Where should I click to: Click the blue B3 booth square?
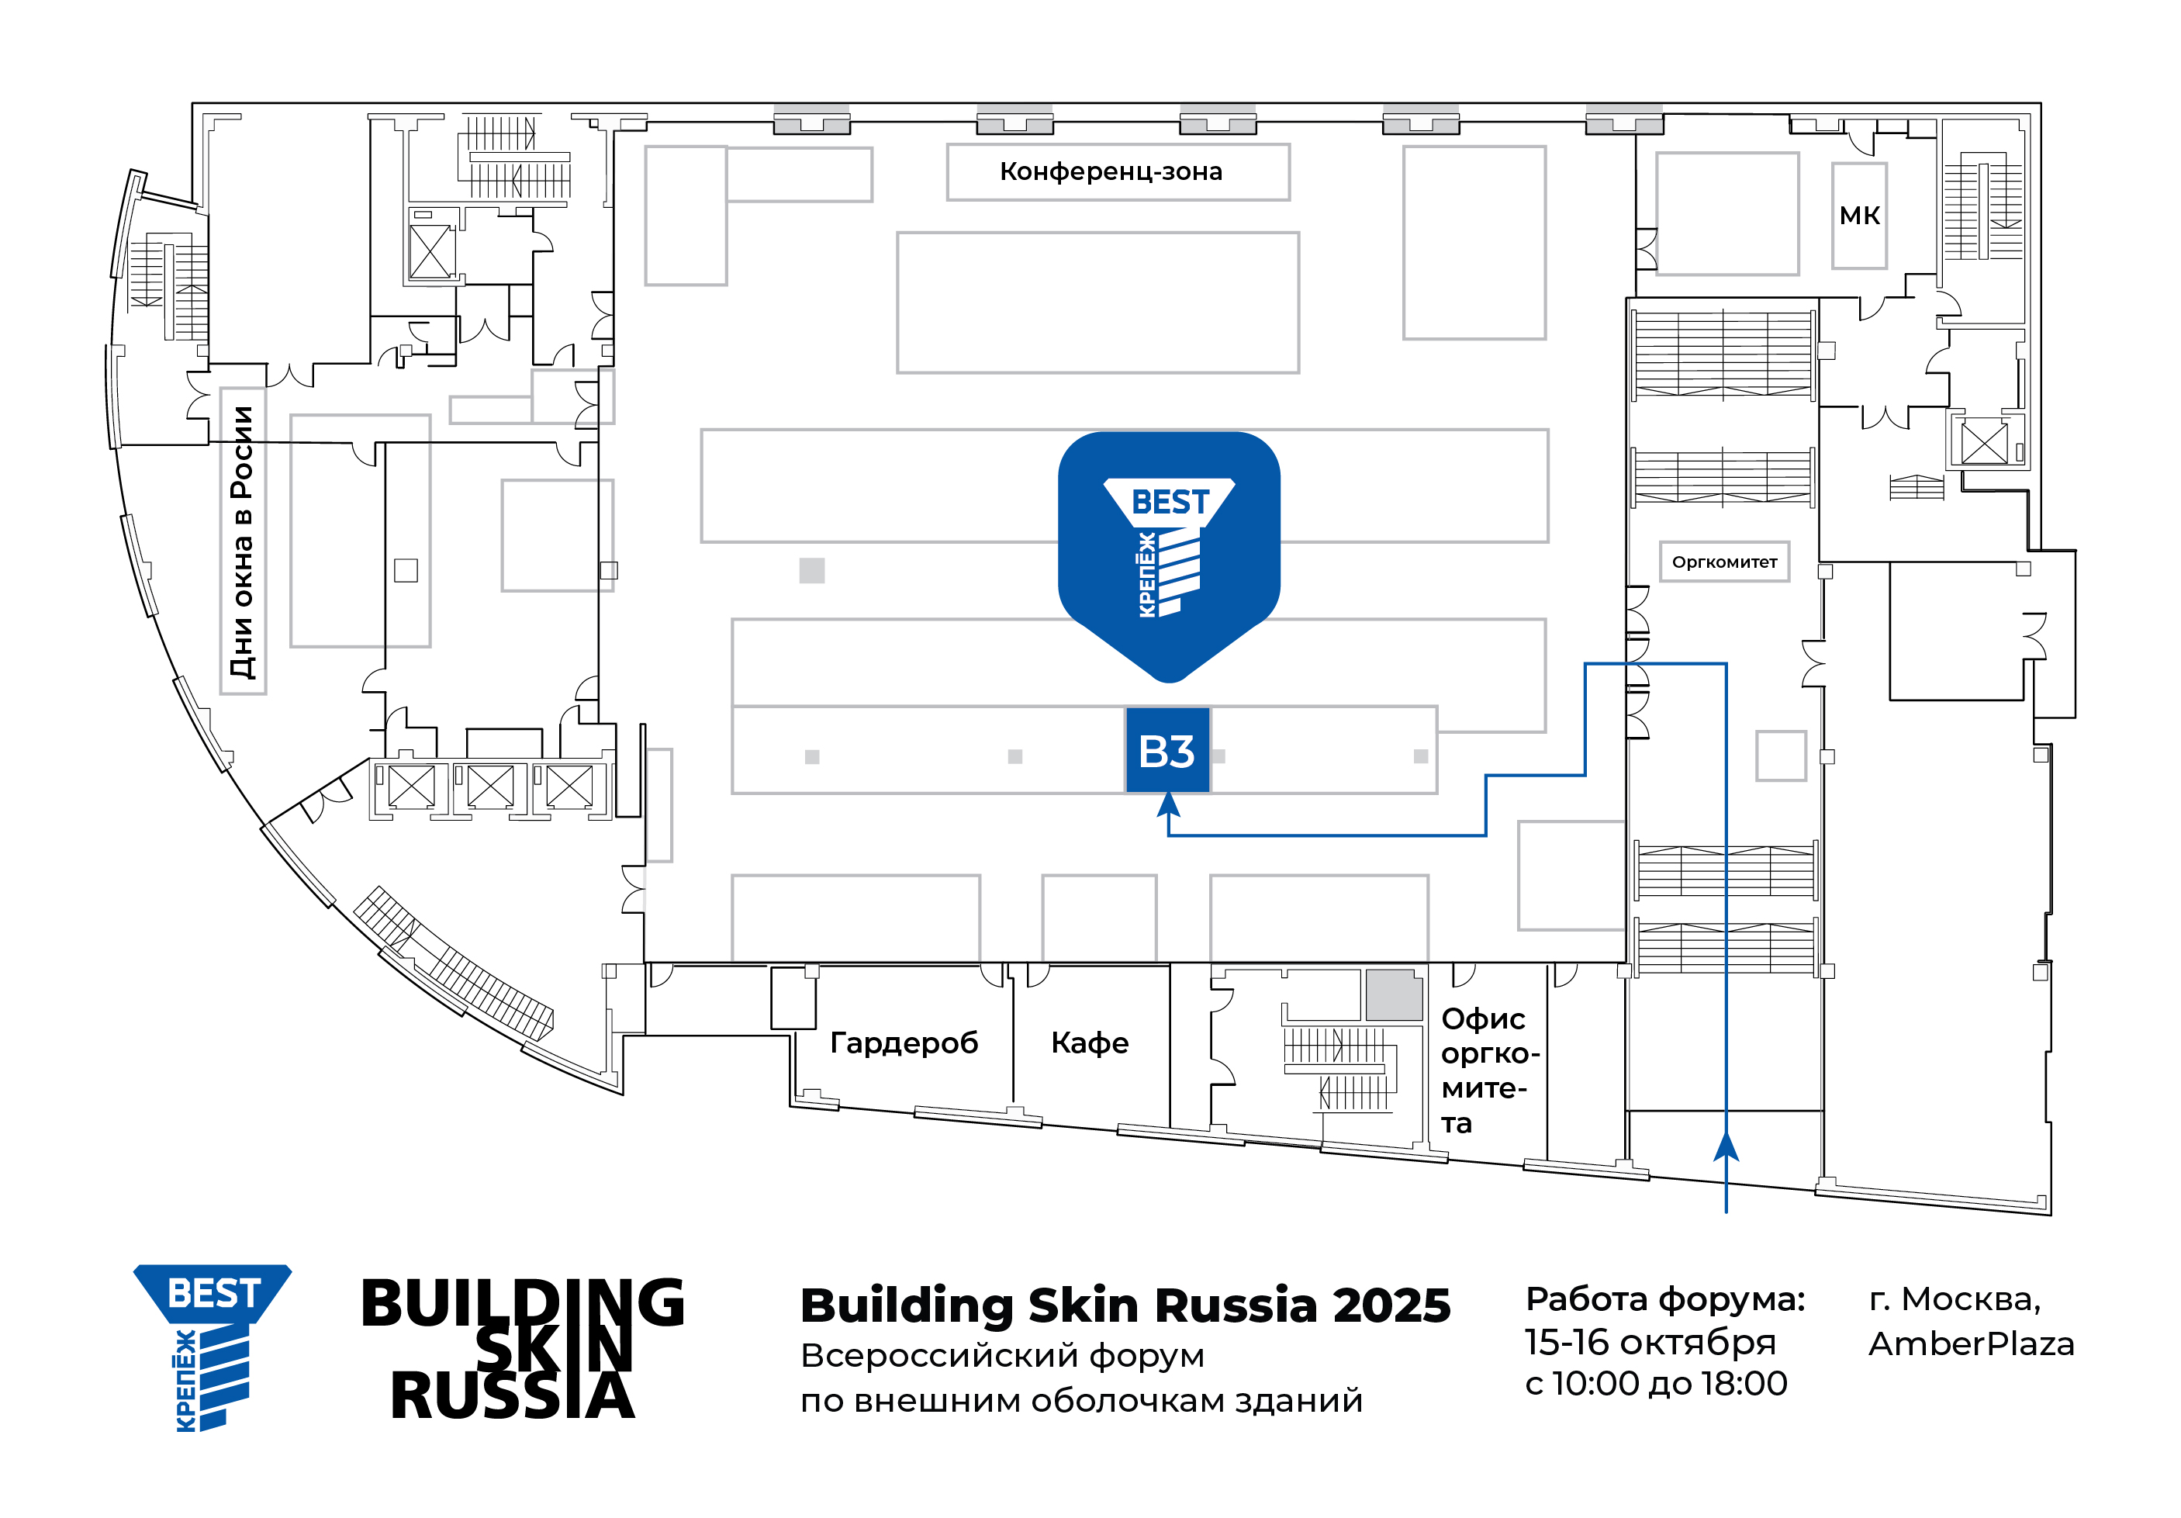pyautogui.click(x=1167, y=750)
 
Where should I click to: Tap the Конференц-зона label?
pyautogui.click(x=1111, y=172)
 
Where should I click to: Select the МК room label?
pyautogui.click(x=1859, y=216)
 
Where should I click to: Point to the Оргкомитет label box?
pyautogui.click(x=1724, y=562)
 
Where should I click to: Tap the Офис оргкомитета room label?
pyautogui.click(x=1488, y=1070)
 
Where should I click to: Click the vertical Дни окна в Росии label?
pyautogui.click(x=242, y=541)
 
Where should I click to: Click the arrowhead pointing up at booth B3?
pyautogui.click(x=1168, y=804)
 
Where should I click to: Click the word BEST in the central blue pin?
pyautogui.click(x=1170, y=502)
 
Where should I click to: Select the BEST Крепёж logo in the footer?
pyautogui.click(x=212, y=1347)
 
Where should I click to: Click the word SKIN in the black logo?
pyautogui.click(x=554, y=1348)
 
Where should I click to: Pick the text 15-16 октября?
pyautogui.click(x=1650, y=1342)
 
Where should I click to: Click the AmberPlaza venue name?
pyautogui.click(x=1971, y=1344)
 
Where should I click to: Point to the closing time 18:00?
pyautogui.click(x=1744, y=1383)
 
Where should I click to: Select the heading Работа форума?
pyautogui.click(x=1665, y=1299)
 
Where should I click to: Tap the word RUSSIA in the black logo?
pyautogui.click(x=512, y=1396)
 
